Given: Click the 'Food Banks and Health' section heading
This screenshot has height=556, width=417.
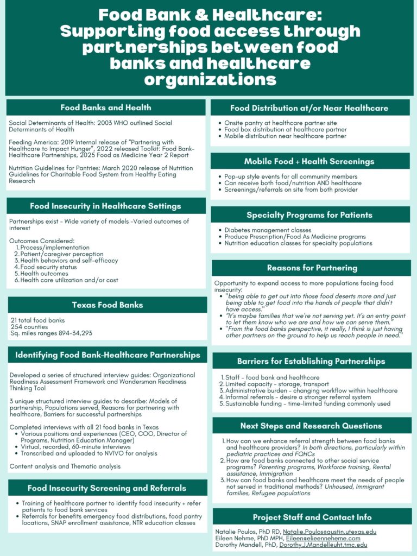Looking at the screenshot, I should click(106, 108).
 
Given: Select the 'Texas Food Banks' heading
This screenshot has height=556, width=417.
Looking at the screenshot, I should click(107, 305).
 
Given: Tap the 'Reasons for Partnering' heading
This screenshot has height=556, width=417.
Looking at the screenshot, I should click(312, 268).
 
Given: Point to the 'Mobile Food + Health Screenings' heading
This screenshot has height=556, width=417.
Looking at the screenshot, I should click(309, 161).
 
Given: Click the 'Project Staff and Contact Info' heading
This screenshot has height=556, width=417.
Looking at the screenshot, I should click(311, 517).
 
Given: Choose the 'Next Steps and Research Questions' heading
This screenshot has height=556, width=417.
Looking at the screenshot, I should click(311, 426).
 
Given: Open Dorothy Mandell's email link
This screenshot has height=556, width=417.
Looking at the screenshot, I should click(323, 545).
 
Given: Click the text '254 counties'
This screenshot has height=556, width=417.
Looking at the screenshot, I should click(28, 327).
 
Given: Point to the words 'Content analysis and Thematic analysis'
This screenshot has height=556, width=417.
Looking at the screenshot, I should click(65, 466).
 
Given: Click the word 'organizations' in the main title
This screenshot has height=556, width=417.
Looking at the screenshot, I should click(210, 80).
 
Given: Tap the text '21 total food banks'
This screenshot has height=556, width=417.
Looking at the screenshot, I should click(37, 320).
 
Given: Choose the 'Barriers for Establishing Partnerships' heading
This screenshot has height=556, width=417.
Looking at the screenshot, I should click(311, 361).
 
